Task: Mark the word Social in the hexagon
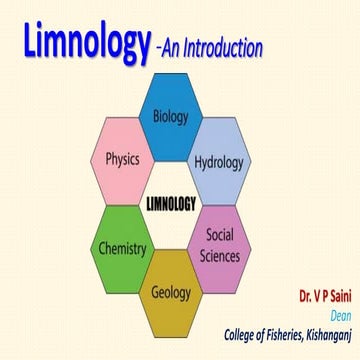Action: coord(222,234)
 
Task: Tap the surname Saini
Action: coord(333,298)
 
